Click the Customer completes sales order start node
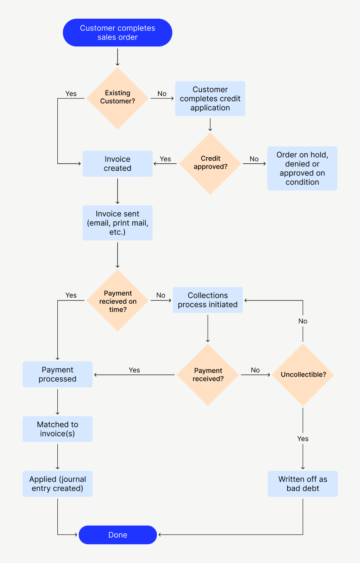tap(118, 33)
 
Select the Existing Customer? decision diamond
tap(118, 98)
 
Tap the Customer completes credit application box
tap(210, 99)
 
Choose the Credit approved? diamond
tap(210, 163)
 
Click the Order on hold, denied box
tap(302, 169)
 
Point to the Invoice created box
tap(118, 164)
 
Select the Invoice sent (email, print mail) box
tap(118, 223)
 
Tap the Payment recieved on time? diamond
tap(118, 301)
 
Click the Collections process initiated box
tap(208, 300)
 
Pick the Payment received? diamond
tap(208, 375)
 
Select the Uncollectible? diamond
tap(303, 375)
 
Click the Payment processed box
tap(58, 374)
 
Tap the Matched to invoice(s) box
tap(58, 429)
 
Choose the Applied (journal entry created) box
tap(58, 484)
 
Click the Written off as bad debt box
tap(303, 484)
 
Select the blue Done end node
tap(118, 535)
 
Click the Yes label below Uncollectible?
tap(303, 439)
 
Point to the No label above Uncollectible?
tap(303, 321)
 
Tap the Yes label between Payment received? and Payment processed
tap(134, 370)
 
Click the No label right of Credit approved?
tap(254, 159)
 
